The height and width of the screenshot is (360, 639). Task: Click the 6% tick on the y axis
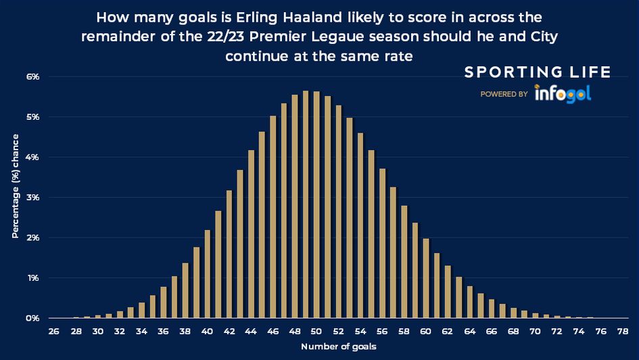pyautogui.click(x=33, y=76)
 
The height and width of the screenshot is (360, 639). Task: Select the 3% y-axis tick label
pyautogui.click(x=33, y=198)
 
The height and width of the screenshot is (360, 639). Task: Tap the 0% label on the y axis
pyautogui.click(x=33, y=318)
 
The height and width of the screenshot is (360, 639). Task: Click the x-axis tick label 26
pyautogui.click(x=54, y=332)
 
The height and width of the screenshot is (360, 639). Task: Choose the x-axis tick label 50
pyautogui.click(x=316, y=332)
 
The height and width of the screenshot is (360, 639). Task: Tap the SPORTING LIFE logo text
pyautogui.click(x=537, y=72)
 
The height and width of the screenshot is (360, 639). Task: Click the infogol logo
pyautogui.click(x=563, y=93)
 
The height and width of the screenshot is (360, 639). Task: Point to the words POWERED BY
pyautogui.click(x=504, y=95)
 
